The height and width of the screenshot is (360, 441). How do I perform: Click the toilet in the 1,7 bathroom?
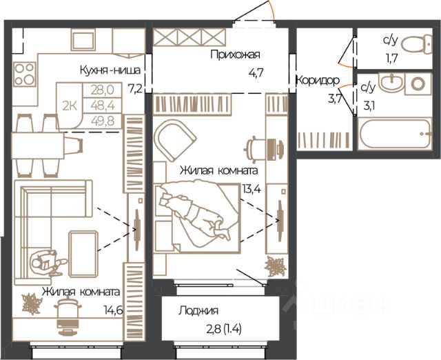point(416,44)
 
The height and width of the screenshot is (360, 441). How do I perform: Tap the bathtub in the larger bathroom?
point(395,134)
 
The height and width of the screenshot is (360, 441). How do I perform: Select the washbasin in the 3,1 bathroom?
point(391,81)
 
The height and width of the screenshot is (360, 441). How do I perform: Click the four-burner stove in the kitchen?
point(25,74)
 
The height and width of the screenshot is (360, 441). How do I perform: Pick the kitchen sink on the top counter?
point(83,39)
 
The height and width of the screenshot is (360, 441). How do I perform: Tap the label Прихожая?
point(235,54)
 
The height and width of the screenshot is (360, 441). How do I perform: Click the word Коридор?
point(318,81)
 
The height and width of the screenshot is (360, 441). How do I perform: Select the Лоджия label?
point(198,310)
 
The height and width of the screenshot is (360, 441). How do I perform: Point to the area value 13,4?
point(252,189)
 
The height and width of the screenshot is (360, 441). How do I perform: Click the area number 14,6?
point(113,310)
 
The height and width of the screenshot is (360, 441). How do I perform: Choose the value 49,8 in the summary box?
point(103,121)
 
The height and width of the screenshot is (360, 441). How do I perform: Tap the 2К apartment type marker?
point(70,106)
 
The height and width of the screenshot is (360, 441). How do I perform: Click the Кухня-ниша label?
point(110,70)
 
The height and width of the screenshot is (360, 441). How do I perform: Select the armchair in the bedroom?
point(175,140)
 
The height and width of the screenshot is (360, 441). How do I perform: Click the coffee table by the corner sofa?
point(83,254)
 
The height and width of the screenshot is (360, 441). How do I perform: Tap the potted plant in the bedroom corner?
point(276,266)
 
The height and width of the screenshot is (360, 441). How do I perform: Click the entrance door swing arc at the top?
point(271,10)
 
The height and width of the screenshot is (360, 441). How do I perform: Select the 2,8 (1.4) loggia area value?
point(224,329)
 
